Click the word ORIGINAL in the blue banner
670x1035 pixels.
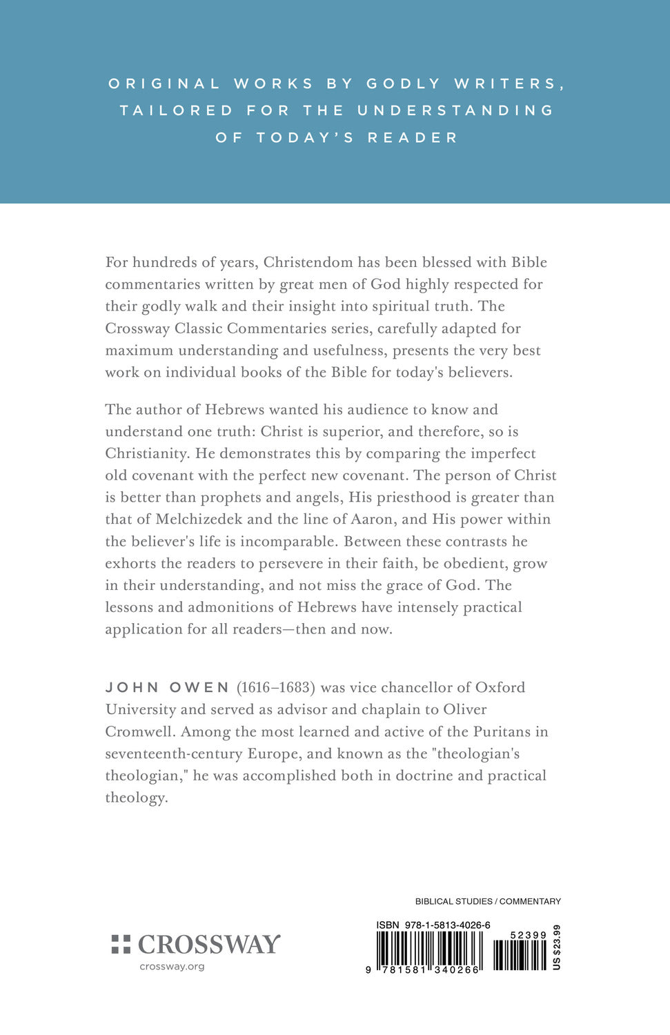pos(164,83)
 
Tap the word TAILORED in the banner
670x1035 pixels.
pos(177,110)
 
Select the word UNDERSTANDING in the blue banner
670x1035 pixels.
pos(455,110)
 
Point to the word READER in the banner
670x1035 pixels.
pos(413,137)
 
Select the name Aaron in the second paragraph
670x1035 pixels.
pos(373,519)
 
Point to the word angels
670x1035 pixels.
pos(319,497)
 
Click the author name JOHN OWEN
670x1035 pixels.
pos(167,687)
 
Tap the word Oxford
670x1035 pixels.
pos(495,687)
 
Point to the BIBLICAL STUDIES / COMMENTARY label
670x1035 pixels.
pos(488,901)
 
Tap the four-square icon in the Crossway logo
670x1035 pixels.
pos(121,945)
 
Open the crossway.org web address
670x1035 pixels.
pos(172,967)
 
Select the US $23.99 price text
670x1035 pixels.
pos(557,947)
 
